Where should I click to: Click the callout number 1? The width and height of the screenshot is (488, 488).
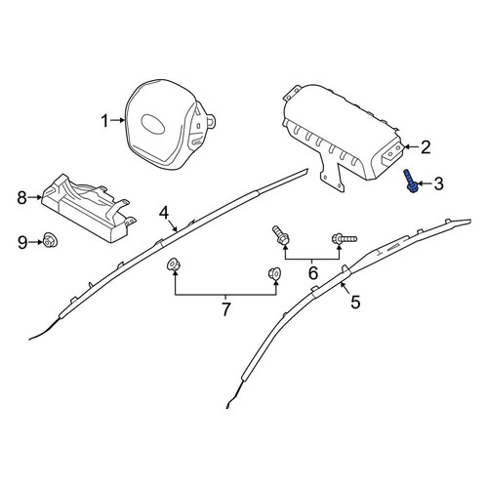click(x=104, y=121)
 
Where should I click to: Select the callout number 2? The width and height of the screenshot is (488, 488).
click(x=426, y=147)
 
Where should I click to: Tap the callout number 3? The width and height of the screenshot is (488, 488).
click(x=438, y=183)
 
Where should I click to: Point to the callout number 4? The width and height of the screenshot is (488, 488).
click(x=164, y=214)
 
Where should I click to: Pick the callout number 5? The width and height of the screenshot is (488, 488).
click(x=355, y=302)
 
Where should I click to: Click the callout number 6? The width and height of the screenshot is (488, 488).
click(x=312, y=272)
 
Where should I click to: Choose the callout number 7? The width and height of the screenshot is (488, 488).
click(x=225, y=309)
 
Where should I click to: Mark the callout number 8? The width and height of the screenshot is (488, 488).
click(x=21, y=197)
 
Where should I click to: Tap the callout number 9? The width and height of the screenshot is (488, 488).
click(x=22, y=243)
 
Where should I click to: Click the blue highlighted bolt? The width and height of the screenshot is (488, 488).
click(x=410, y=182)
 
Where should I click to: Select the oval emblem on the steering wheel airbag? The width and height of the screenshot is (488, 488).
click(x=153, y=124)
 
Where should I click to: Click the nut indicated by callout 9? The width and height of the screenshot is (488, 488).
click(x=49, y=241)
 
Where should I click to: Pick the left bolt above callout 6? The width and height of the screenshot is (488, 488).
click(x=280, y=236)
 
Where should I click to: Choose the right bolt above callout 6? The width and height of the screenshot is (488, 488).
click(x=344, y=239)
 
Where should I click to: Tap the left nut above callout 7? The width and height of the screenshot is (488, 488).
click(x=172, y=264)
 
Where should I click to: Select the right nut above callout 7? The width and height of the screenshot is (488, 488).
click(x=274, y=273)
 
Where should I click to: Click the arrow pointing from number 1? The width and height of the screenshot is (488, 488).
click(x=117, y=121)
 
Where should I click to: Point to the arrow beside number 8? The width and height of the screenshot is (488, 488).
click(x=35, y=197)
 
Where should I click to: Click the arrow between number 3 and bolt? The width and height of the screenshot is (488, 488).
click(x=425, y=184)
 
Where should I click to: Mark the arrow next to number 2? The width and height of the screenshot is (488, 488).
click(x=411, y=147)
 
